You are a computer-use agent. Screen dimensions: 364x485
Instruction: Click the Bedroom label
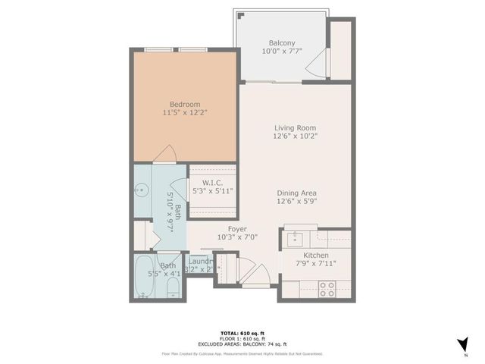(x=184, y=104)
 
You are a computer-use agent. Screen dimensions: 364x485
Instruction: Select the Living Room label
(x=294, y=128)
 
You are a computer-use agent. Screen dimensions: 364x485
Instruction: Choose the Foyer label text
(x=237, y=227)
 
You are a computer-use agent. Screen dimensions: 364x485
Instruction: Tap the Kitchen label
(x=314, y=255)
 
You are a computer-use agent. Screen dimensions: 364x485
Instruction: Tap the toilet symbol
(x=171, y=287)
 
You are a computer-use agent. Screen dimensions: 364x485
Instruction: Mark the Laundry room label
(x=199, y=262)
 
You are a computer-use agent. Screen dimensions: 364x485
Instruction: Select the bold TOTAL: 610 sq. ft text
(x=242, y=332)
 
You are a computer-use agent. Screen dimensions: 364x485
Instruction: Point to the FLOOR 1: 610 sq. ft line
(x=242, y=338)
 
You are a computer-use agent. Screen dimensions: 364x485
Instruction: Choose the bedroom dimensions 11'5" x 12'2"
(x=184, y=113)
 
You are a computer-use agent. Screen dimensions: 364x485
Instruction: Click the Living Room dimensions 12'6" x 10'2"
(x=294, y=137)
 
